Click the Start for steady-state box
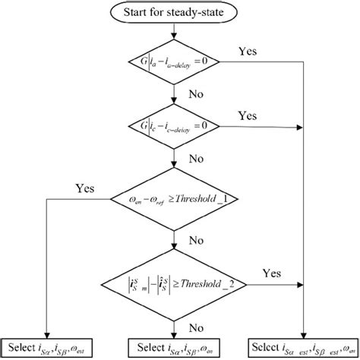[x=177, y=13]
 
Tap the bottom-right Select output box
[x=304, y=349]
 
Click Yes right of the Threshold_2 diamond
[x=271, y=271]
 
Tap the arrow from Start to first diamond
[x=177, y=32]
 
